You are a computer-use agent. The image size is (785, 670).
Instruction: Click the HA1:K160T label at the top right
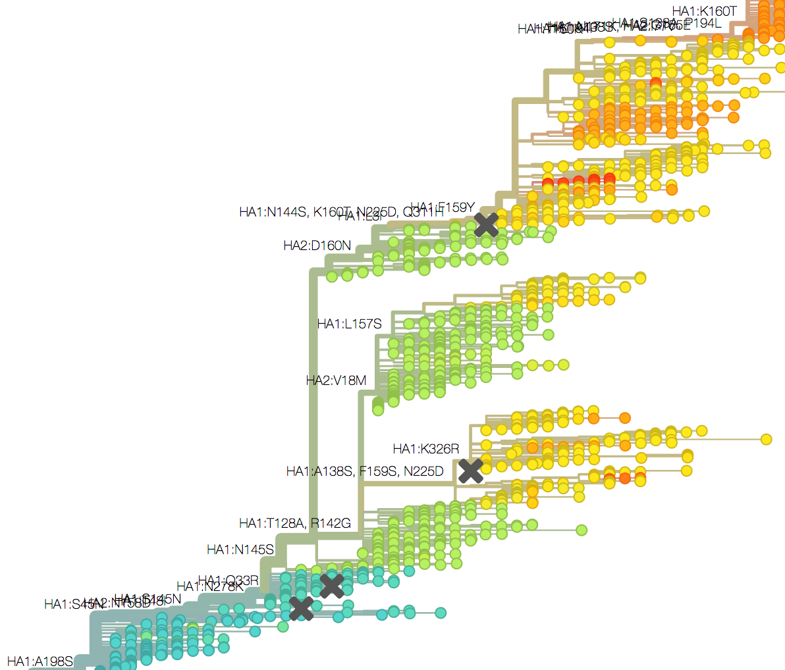704,11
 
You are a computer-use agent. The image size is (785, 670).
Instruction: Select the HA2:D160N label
317,245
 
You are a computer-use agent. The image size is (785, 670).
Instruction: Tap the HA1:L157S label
349,324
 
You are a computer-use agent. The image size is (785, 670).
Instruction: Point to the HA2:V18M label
336,380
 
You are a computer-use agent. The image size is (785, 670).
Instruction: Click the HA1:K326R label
425,449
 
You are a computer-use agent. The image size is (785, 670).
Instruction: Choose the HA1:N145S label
240,550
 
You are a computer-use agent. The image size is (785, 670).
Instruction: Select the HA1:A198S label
40,661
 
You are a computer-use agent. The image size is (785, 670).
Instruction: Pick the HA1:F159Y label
443,208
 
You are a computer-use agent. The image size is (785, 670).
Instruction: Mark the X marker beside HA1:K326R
471,471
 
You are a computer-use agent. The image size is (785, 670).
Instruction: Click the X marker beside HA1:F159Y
486,224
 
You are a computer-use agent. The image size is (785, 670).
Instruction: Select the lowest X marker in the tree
302,609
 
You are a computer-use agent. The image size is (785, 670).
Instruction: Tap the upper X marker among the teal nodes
332,585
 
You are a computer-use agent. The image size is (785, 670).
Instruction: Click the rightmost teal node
441,613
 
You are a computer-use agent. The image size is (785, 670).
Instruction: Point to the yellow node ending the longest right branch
766,439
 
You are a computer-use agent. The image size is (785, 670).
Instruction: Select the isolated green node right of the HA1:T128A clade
581,530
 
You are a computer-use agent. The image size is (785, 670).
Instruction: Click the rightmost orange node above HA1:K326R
624,417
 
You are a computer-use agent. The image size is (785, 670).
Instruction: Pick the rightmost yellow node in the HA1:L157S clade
639,277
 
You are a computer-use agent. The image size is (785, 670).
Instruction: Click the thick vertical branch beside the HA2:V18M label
361,421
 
